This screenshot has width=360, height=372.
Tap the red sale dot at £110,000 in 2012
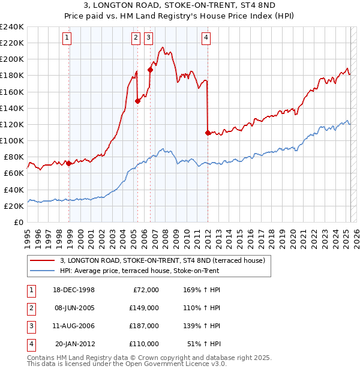(208, 132)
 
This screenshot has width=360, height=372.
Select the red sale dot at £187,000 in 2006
(150, 70)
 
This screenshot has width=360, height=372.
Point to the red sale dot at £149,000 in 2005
(137, 101)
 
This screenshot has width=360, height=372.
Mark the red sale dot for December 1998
(69, 163)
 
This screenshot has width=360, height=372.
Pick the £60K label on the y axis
(14, 173)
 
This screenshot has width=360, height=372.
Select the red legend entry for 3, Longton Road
(158, 260)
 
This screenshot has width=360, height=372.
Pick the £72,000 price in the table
(145, 290)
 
